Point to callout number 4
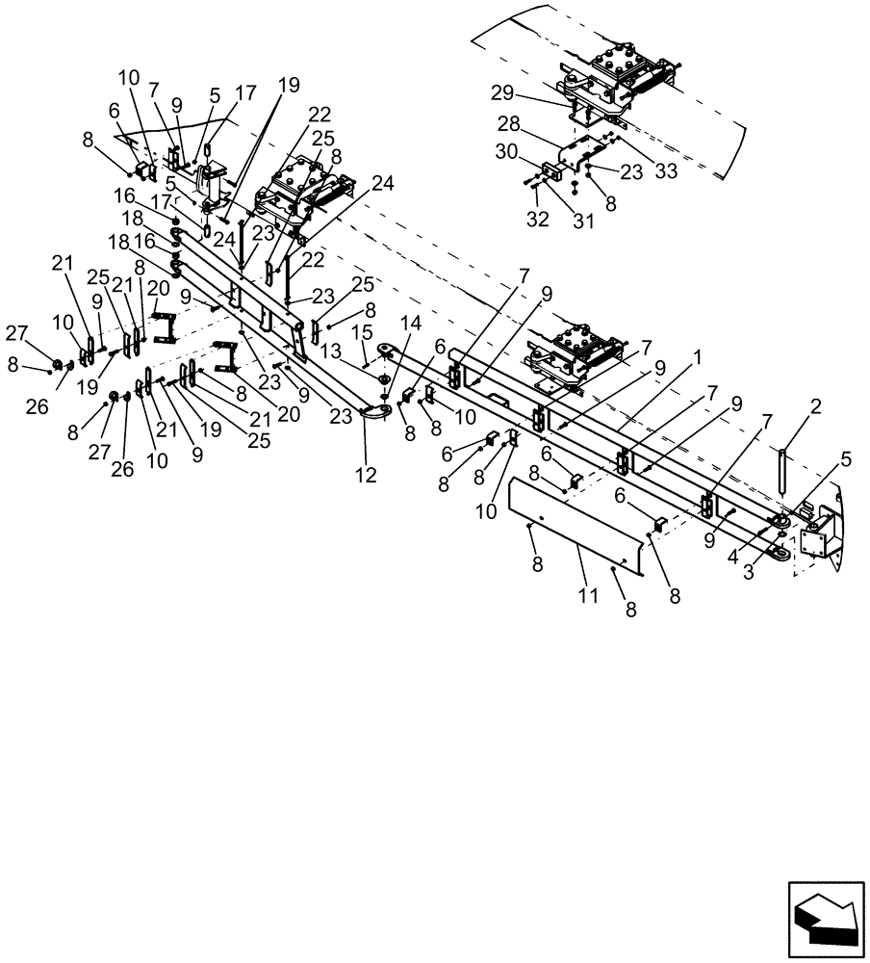point(733,557)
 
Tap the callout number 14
point(411,323)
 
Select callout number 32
point(537,219)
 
